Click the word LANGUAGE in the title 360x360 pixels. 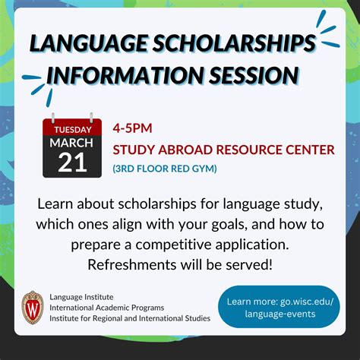pos(88,43)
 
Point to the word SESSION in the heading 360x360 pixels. pos(254,75)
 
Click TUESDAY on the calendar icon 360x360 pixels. pos(73,130)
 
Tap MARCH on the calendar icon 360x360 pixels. pos(71,143)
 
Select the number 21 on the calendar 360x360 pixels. pos(72,163)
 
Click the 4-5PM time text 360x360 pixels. pos(132,128)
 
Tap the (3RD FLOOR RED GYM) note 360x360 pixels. pos(165,169)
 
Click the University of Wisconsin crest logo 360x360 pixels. pos(33,308)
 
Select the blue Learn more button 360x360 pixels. pos(279,307)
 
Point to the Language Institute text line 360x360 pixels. pos(81,297)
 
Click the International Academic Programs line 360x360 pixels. pos(107,308)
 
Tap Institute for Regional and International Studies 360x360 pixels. pos(130,318)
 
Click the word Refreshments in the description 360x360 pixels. pos(132,265)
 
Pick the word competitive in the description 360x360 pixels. pos(173,245)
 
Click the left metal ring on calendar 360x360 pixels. pos(53,118)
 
